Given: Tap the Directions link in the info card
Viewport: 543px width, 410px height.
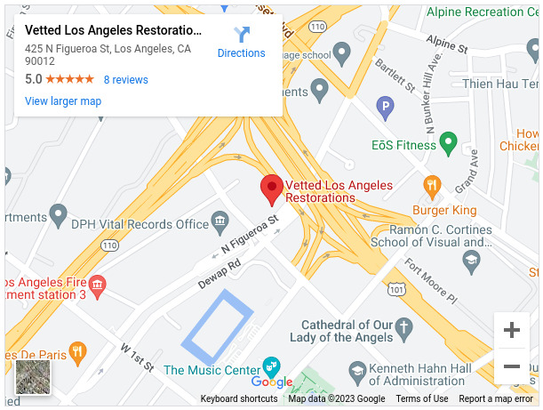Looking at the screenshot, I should coord(241,42).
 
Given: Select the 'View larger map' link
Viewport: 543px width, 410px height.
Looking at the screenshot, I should coord(63,101).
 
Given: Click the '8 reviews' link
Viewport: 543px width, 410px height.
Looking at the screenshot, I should coord(125,80).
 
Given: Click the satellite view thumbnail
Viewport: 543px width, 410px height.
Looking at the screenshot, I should coord(33,377).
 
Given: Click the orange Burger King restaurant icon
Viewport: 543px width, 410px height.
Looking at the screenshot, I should coord(433,187).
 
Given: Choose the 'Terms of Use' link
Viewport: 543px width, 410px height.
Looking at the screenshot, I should coord(422,399).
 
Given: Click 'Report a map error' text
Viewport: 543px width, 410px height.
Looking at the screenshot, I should coord(495,399).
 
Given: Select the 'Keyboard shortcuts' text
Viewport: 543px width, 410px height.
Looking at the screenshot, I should coord(239,399).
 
